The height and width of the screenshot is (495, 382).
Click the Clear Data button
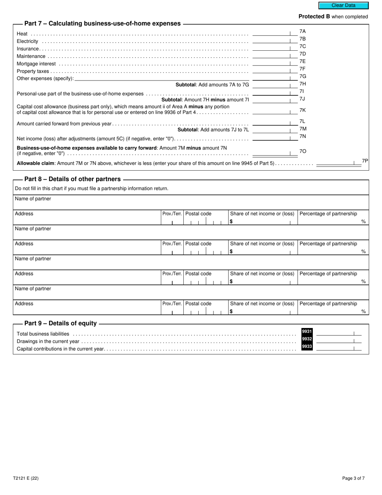tap(343, 6)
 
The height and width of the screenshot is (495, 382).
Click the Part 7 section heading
tap(103, 24)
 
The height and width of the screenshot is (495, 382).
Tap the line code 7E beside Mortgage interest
tap(302, 62)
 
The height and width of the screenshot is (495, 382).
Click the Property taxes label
tap(33, 71)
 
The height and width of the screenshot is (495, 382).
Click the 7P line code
tap(365, 161)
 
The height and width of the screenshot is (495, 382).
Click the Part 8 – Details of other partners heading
tap(72, 179)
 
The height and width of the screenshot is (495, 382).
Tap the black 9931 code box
tap(307, 331)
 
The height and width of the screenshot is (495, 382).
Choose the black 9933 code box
tap(307, 346)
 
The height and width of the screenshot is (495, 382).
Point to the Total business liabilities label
tap(43, 334)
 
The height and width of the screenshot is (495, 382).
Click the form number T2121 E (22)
tap(26, 479)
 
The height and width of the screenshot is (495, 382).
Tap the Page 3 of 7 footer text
tap(353, 479)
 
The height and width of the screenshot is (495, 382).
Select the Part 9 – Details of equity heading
tap(60, 324)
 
